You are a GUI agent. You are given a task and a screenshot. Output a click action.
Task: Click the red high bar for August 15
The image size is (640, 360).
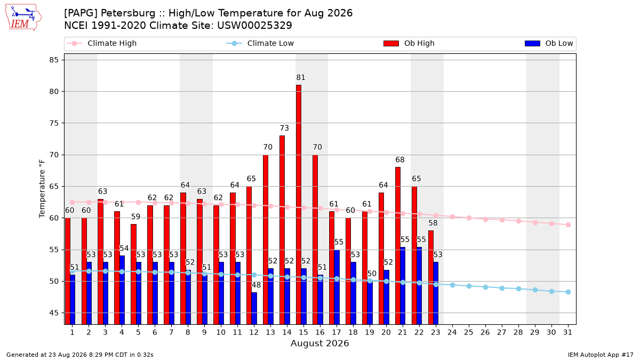point(299,205)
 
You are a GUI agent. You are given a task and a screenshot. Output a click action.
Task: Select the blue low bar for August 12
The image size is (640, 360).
point(254,308)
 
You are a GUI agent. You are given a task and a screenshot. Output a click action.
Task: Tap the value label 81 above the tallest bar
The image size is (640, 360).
point(301,77)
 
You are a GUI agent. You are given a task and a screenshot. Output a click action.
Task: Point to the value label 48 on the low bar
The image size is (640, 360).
point(256,285)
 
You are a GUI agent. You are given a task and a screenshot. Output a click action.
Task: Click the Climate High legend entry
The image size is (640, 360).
point(101,43)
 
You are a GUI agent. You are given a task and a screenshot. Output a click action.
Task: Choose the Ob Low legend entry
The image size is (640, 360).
point(549,43)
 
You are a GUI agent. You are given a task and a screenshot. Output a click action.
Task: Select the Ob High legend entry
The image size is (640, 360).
point(409,43)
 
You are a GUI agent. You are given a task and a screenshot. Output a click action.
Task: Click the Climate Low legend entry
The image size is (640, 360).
point(260,43)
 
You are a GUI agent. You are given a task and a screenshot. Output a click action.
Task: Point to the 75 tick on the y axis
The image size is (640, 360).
point(54,123)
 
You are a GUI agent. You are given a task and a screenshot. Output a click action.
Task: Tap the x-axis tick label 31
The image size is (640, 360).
point(567,332)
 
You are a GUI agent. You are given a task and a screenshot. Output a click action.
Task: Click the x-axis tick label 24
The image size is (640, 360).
point(452,332)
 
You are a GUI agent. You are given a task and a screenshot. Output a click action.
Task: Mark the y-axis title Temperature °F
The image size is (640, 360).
point(42,189)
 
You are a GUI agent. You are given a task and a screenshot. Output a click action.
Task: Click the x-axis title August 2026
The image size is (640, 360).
point(319,343)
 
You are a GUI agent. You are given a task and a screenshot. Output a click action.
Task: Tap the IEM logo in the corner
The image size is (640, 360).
point(23,18)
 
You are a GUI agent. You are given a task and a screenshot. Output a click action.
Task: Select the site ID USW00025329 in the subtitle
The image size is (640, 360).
point(254,26)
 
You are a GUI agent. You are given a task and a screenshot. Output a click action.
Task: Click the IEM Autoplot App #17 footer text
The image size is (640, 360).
point(601,355)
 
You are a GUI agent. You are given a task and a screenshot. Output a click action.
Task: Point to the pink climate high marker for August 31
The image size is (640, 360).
point(569,225)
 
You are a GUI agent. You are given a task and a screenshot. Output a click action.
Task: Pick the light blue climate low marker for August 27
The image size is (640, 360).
point(502,289)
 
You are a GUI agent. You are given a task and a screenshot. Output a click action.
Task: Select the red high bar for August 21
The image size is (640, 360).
point(398,246)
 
